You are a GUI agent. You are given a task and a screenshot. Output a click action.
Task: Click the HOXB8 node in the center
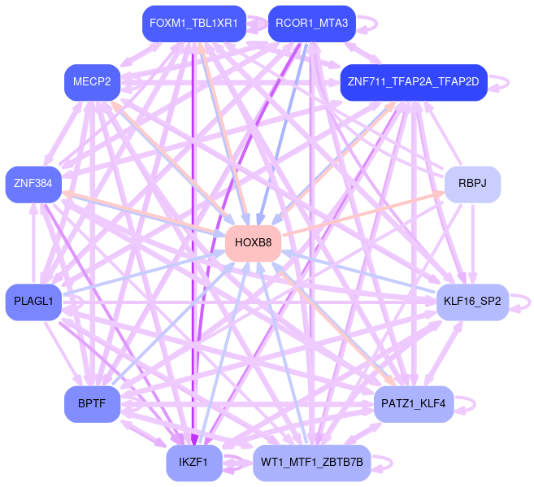pyautogui.click(x=253, y=243)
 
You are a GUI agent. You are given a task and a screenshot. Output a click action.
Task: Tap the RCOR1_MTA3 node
pyautogui.click(x=311, y=24)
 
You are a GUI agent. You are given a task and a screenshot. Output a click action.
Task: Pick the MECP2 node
pyautogui.click(x=92, y=82)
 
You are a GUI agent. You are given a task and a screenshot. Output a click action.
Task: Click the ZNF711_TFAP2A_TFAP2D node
pyautogui.click(x=413, y=82)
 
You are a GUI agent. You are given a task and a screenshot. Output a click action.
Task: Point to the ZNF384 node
pyautogui.click(x=33, y=184)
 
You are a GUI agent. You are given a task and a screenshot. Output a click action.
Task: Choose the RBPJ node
pyautogui.click(x=472, y=184)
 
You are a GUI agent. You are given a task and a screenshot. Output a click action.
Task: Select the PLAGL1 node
pyautogui.click(x=33, y=302)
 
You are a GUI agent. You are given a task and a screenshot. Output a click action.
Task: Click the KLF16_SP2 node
pyautogui.click(x=472, y=302)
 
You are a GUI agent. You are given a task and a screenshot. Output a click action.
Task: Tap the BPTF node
pyautogui.click(x=92, y=404)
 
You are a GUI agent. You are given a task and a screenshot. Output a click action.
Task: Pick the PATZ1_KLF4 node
pyautogui.click(x=413, y=404)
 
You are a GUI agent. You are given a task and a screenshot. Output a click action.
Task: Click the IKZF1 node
pyautogui.click(x=194, y=463)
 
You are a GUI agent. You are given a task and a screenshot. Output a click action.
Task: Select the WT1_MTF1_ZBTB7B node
pyautogui.click(x=311, y=463)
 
